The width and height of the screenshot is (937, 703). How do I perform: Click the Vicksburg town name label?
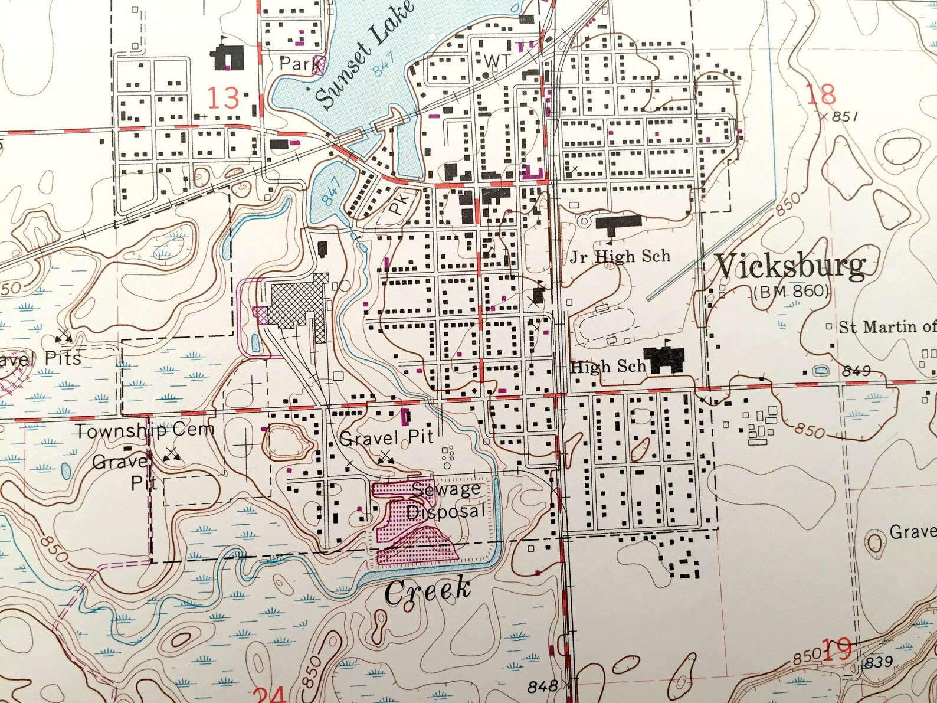[791, 267]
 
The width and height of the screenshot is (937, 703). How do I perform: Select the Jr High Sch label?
[620, 257]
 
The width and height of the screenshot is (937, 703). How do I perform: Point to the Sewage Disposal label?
[446, 501]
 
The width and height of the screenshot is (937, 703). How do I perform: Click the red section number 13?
[222, 98]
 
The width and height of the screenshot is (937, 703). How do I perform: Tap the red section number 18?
[821, 94]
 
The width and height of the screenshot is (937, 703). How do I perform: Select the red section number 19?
[837, 649]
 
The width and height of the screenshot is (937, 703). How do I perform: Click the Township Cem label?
[144, 430]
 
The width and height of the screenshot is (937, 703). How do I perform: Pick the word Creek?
[428, 590]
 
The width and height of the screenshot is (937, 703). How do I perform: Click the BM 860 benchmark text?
[791, 291]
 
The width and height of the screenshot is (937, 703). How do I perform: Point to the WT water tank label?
[497, 60]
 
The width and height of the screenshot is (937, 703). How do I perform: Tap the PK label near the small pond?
[399, 204]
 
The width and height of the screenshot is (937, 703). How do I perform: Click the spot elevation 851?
[844, 117]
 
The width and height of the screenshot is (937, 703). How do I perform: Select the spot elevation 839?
[878, 662]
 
